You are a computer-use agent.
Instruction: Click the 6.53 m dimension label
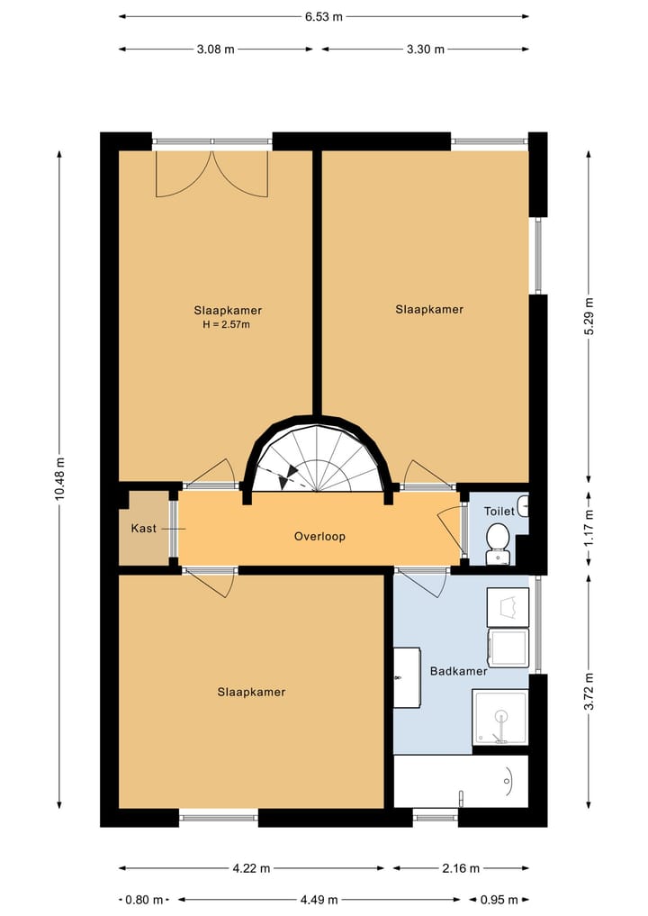click(323, 17)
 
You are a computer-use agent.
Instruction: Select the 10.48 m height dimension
click(59, 479)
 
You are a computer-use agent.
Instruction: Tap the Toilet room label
click(499, 512)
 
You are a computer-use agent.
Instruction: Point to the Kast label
click(144, 528)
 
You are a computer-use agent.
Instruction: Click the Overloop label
click(319, 536)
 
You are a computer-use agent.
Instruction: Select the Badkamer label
click(458, 671)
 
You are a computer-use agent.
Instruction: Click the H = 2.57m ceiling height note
click(227, 325)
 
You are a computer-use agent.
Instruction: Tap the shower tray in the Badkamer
click(500, 717)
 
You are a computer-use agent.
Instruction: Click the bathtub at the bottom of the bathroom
click(461, 782)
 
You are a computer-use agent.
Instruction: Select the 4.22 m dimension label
click(252, 868)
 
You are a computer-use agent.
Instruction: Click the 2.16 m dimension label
click(461, 868)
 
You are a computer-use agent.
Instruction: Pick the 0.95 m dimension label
click(499, 900)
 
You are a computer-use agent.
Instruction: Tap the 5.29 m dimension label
click(589, 316)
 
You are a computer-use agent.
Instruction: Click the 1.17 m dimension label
click(589, 528)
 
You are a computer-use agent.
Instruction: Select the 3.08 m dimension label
click(215, 50)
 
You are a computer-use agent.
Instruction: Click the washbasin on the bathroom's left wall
click(407, 677)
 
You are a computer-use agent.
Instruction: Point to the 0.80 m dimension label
click(144, 900)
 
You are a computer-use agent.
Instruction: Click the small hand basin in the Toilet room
click(524, 505)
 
